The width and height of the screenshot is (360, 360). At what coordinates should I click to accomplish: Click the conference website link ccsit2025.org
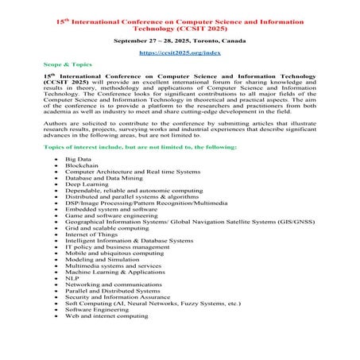coord(180,51)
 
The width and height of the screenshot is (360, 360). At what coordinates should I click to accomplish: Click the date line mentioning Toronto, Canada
coord(180,37)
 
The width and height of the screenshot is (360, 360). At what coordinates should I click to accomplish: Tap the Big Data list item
coord(78,158)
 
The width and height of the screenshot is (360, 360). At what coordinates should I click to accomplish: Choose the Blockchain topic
coord(82,165)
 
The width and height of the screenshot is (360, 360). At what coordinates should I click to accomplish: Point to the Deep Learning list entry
coord(87,184)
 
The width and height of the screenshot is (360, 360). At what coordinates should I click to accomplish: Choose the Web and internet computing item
coord(106,315)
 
